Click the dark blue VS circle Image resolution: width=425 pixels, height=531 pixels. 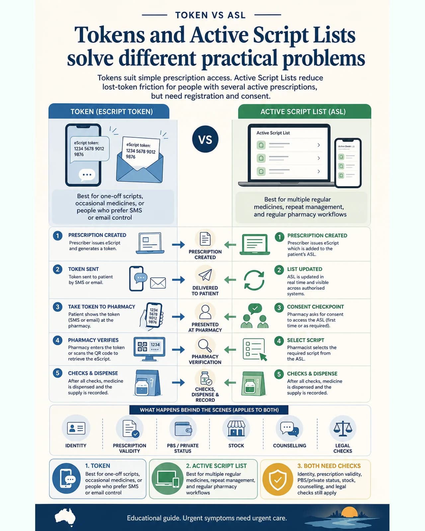pyautogui.click(x=205, y=139)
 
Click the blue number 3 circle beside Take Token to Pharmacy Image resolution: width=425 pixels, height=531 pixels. pyautogui.click(x=57, y=307)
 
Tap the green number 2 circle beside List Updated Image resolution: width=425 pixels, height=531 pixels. pyautogui.click(x=279, y=270)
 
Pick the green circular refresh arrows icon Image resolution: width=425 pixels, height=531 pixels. pyautogui.click(x=254, y=280)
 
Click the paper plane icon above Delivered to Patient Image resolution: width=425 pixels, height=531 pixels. pyautogui.click(x=205, y=275)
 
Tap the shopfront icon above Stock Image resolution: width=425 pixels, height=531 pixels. pyautogui.click(x=236, y=428)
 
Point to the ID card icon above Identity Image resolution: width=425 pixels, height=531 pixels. pyautogui.click(x=76, y=428)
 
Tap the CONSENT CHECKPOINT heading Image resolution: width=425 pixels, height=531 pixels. pyautogui.click(x=315, y=307)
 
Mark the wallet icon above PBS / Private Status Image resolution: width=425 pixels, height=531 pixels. pyautogui.click(x=183, y=429)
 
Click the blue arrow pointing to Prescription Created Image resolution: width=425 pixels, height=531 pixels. pyautogui.click(x=178, y=245)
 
